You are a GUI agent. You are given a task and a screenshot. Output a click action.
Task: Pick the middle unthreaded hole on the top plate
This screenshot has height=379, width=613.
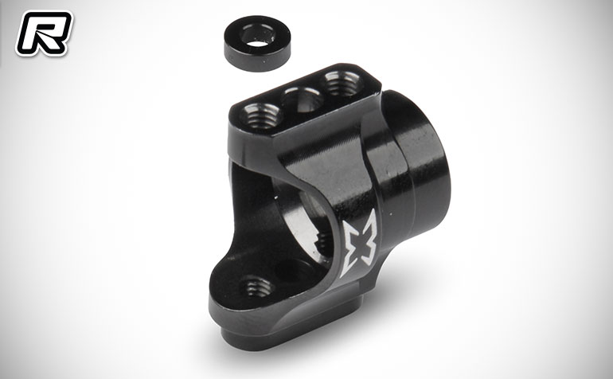(x=303, y=99)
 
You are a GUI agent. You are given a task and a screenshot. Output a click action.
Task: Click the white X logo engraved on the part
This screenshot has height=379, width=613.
(x=358, y=244)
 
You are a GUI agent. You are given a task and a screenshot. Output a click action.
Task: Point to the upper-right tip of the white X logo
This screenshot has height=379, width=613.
(x=374, y=209)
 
